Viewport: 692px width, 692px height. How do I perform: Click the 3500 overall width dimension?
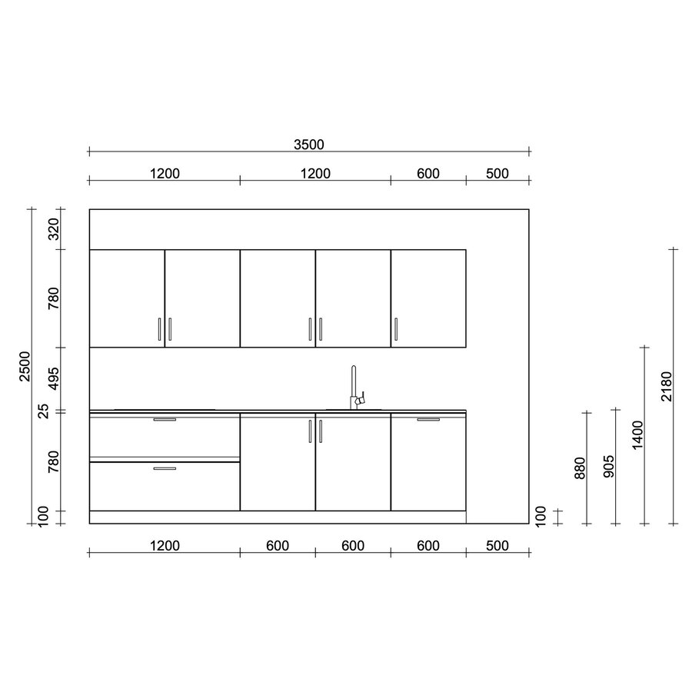(309, 144)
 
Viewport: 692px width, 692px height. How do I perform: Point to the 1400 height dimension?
(637, 435)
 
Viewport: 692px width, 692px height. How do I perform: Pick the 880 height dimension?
(581, 467)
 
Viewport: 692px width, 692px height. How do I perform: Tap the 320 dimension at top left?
(54, 229)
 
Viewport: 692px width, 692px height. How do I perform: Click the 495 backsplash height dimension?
(54, 379)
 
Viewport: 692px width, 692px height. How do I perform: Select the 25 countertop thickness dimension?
(54, 412)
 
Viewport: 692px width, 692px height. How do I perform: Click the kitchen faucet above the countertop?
(355, 388)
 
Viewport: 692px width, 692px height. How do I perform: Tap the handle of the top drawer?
(165, 420)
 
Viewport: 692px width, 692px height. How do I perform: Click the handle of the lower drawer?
(165, 468)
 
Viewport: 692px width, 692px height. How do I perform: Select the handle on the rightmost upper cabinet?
(396, 328)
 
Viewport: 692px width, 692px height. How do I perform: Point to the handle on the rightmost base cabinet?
(428, 420)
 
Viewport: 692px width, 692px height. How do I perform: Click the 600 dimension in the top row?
(428, 174)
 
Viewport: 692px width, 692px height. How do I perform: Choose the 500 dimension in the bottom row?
(497, 546)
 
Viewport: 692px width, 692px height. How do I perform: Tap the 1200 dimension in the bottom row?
(165, 546)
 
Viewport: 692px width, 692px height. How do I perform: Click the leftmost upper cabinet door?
(127, 298)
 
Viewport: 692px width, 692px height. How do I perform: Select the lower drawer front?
(165, 486)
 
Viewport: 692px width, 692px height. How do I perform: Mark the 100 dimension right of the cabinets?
(541, 516)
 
